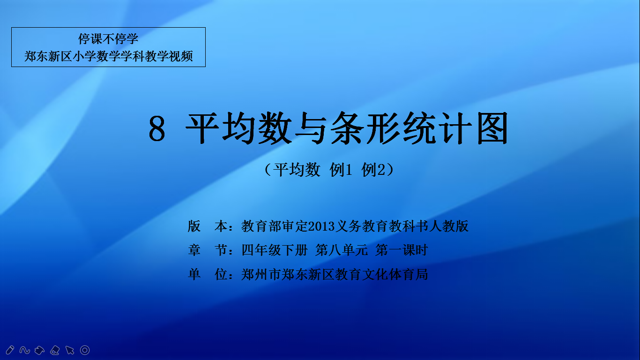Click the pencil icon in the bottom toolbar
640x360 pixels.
(x=10, y=350)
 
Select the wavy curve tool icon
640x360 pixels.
(x=25, y=350)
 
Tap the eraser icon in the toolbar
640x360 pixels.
(x=55, y=350)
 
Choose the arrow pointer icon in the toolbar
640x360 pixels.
(x=70, y=350)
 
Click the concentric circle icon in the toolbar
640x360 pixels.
(x=85, y=350)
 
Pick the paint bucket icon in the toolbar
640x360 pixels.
(x=39, y=350)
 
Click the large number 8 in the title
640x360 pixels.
(x=157, y=129)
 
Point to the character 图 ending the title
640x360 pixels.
(x=492, y=128)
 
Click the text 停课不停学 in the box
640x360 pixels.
(x=108, y=38)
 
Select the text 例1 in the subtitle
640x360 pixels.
(x=341, y=170)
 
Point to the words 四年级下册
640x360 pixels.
(x=275, y=250)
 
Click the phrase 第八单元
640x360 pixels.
(x=342, y=250)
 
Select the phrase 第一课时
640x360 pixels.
(x=402, y=250)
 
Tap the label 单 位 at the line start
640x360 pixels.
(x=208, y=274)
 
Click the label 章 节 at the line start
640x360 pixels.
(x=208, y=250)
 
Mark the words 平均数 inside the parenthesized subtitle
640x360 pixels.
(x=297, y=170)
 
